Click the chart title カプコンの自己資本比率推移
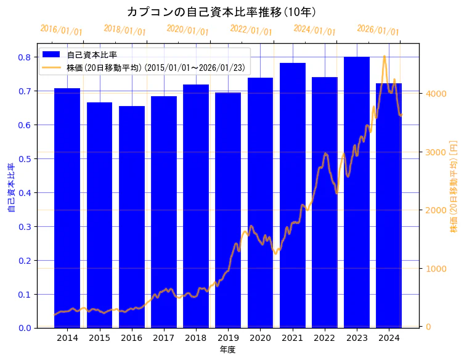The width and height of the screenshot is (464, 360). coord(221,12)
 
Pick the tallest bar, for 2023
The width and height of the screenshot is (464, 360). coord(357,192)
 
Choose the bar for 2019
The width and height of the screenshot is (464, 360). coord(228,210)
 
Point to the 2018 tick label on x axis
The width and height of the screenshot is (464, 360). coord(196,338)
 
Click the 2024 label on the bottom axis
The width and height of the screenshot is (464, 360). coord(389,338)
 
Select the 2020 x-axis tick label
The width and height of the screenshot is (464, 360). coord(260,338)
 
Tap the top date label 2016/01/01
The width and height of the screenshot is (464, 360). coord(61,30)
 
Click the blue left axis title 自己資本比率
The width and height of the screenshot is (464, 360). coord(10,188)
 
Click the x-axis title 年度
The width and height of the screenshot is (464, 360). coord(227,350)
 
